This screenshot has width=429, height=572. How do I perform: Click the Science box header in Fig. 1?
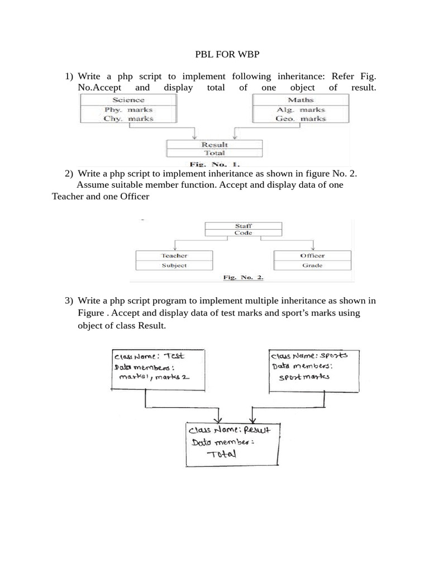[x=128, y=100]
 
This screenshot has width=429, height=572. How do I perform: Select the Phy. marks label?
[x=128, y=110]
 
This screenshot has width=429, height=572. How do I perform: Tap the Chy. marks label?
[x=128, y=119]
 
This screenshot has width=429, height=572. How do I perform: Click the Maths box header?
[x=301, y=100]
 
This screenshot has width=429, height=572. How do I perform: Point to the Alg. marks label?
[x=301, y=110]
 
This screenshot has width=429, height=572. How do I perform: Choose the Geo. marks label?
[x=301, y=119]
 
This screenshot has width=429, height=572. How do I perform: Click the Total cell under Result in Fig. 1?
[x=214, y=152]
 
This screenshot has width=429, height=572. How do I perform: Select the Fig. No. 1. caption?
[x=214, y=164]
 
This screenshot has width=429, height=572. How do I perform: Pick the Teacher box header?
[x=174, y=255]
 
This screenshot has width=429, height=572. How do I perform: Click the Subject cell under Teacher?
[x=174, y=265]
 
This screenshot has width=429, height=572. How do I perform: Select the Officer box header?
[x=312, y=255]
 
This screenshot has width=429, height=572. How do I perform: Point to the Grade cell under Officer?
[x=312, y=265]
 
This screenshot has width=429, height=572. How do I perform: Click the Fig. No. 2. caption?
[x=243, y=277]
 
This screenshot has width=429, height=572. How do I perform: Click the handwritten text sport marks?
[x=304, y=377]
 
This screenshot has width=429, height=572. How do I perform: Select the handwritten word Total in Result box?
[x=222, y=454]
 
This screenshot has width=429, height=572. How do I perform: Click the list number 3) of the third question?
[x=69, y=301]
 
